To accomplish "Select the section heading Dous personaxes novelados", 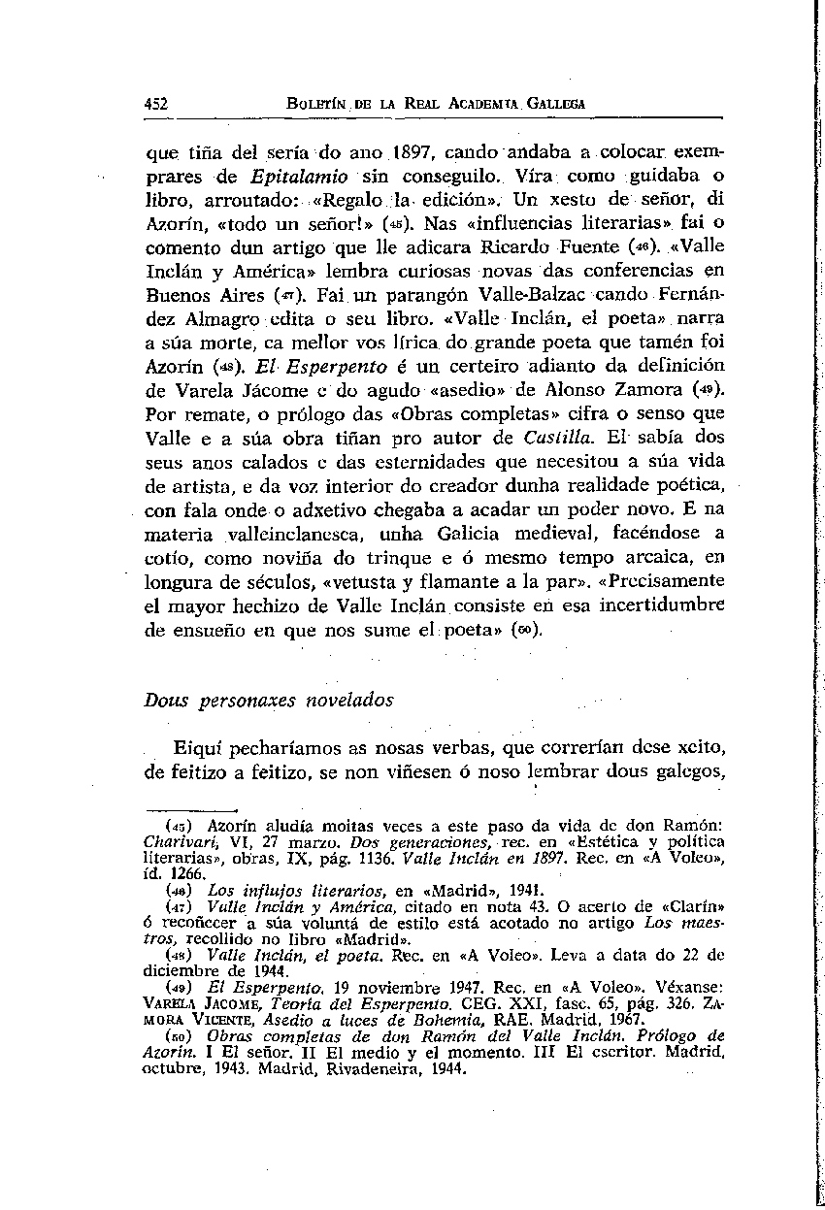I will (x=255, y=699).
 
